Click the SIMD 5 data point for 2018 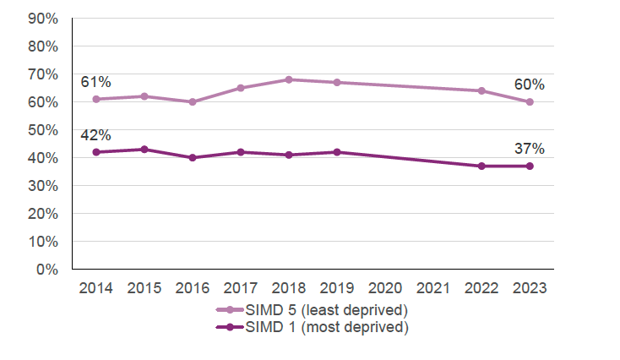click(289, 79)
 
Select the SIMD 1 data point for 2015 click(144, 150)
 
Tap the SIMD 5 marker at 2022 click(481, 90)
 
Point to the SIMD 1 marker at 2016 click(193, 157)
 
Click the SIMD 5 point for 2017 click(241, 88)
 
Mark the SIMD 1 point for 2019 click(337, 152)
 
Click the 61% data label click(95, 82)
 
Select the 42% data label click(95, 135)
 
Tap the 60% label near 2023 click(530, 85)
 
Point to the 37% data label click(530, 149)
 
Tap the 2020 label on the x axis click(385, 288)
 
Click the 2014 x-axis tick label click(96, 288)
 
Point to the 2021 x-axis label click(433, 288)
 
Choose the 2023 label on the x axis click(530, 288)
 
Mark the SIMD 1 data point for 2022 click(481, 166)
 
